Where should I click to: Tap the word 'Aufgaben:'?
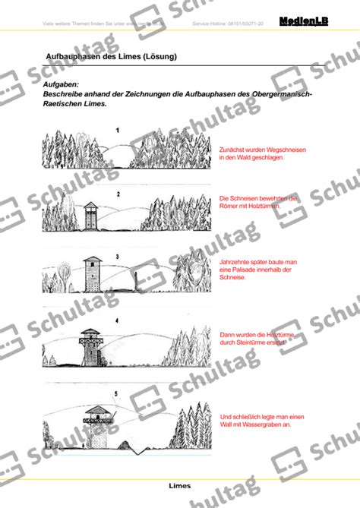pyautogui.click(x=62, y=86)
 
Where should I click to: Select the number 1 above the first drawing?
pyautogui.click(x=117, y=131)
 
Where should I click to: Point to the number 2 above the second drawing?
pyautogui.click(x=118, y=194)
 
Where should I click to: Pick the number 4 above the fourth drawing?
pyautogui.click(x=116, y=320)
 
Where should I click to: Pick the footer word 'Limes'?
pyautogui.click(x=180, y=485)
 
